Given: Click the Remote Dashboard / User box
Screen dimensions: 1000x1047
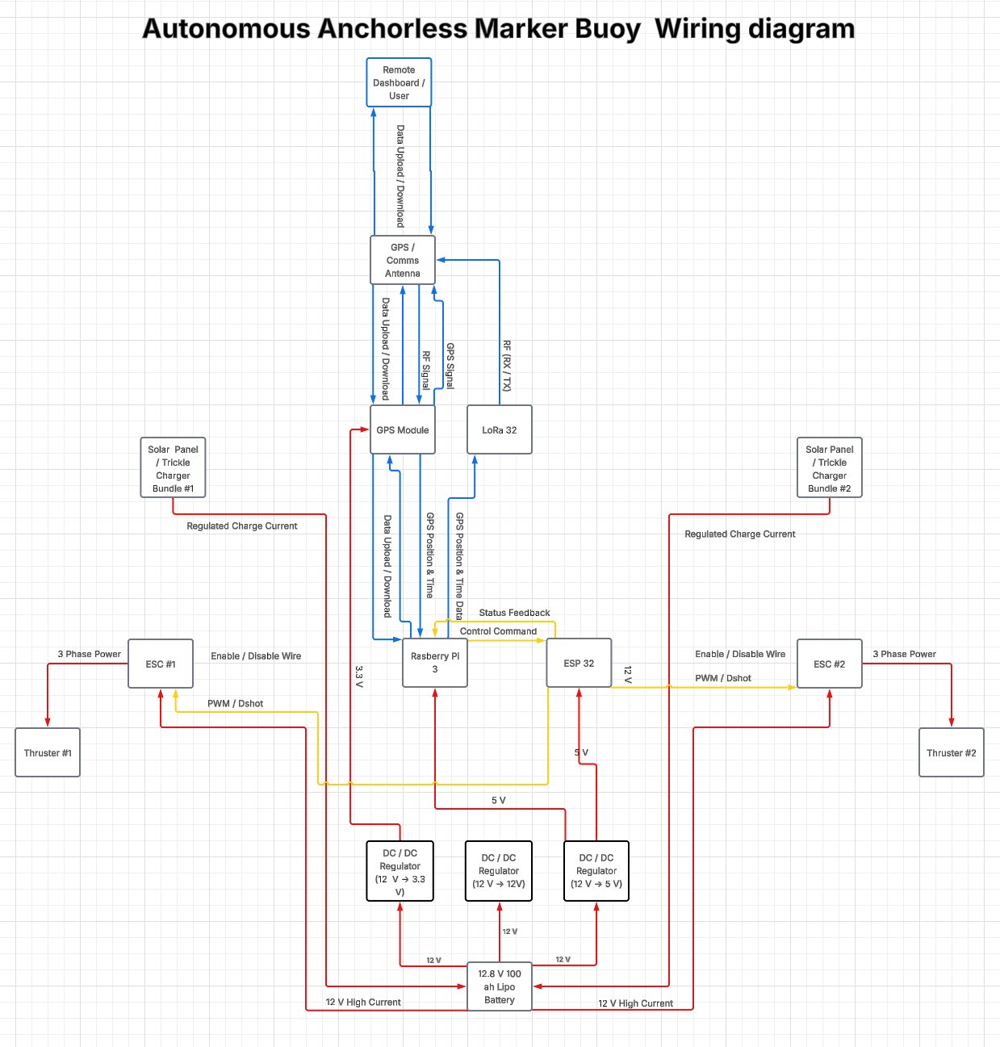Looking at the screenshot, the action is (x=399, y=82).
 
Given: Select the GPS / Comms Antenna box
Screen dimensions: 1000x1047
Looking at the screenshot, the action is (x=403, y=260).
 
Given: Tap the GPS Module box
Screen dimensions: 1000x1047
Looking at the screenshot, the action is (x=403, y=429).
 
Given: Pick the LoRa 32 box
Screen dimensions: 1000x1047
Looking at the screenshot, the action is (x=500, y=429).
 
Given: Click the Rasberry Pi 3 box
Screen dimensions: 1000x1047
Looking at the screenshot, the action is (x=435, y=662).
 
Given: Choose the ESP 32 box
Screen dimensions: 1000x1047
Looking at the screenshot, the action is (x=579, y=662).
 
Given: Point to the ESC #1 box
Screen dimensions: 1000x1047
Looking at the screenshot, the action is (x=161, y=664).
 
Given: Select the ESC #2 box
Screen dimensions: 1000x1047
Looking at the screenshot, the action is (x=830, y=664).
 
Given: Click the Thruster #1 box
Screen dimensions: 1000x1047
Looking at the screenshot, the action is (x=48, y=752).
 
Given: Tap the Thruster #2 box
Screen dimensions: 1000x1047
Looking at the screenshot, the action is (x=951, y=752).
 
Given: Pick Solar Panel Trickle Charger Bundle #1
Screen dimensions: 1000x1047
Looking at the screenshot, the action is (x=173, y=467).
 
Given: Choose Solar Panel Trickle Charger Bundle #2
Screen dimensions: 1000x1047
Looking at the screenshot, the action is (x=830, y=467).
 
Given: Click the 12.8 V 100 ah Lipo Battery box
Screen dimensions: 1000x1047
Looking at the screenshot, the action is (x=500, y=986).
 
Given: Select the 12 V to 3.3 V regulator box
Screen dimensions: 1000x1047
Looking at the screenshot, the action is (x=400, y=870).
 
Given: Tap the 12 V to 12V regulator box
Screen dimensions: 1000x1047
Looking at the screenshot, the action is (x=499, y=870).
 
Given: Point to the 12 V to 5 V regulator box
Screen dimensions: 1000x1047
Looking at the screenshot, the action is (x=596, y=870).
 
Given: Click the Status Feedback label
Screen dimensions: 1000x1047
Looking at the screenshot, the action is (x=514, y=612).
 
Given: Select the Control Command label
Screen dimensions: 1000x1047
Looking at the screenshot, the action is (x=498, y=631).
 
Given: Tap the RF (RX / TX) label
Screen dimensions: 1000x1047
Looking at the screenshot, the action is (x=507, y=366).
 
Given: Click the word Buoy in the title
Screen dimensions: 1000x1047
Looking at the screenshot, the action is (x=607, y=29).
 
